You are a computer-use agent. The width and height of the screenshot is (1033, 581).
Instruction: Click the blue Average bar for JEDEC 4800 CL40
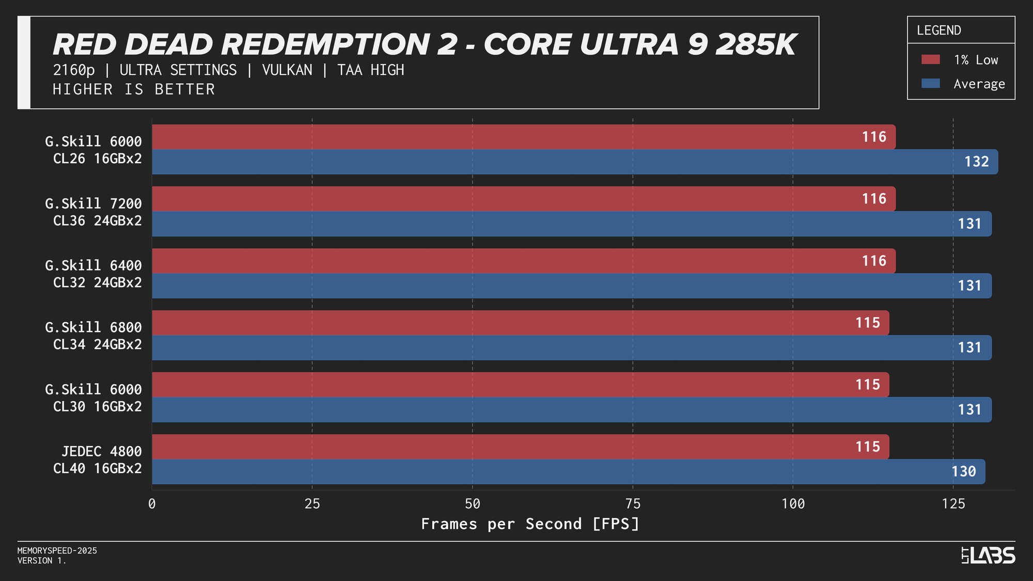(x=568, y=472)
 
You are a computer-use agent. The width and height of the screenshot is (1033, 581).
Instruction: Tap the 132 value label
(x=976, y=162)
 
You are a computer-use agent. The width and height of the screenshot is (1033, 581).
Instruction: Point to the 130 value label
(x=963, y=472)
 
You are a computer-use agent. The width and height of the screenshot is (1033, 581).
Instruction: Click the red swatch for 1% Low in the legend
(x=930, y=60)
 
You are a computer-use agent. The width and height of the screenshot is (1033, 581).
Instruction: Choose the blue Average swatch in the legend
(x=930, y=84)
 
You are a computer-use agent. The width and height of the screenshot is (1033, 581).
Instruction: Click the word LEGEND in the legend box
(x=938, y=30)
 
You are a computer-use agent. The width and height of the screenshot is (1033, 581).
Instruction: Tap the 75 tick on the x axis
(x=633, y=504)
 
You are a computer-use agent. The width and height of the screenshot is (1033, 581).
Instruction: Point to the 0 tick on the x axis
(x=152, y=504)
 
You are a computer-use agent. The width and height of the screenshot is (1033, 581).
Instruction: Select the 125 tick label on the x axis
(x=953, y=504)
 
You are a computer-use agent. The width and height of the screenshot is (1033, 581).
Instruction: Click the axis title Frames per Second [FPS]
(x=530, y=524)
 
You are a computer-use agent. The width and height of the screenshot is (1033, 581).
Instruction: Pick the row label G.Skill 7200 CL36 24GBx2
(x=93, y=212)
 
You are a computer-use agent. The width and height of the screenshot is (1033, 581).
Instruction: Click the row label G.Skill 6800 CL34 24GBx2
(x=93, y=336)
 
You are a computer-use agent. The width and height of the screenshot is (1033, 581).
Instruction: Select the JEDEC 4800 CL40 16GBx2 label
(x=98, y=460)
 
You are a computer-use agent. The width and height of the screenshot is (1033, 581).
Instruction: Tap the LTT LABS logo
(x=988, y=556)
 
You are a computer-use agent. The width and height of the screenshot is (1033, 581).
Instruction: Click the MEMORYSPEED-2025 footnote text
(x=57, y=551)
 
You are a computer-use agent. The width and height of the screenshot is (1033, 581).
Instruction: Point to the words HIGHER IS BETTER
(x=133, y=89)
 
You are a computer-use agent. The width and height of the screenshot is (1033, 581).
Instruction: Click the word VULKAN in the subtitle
(x=287, y=70)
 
